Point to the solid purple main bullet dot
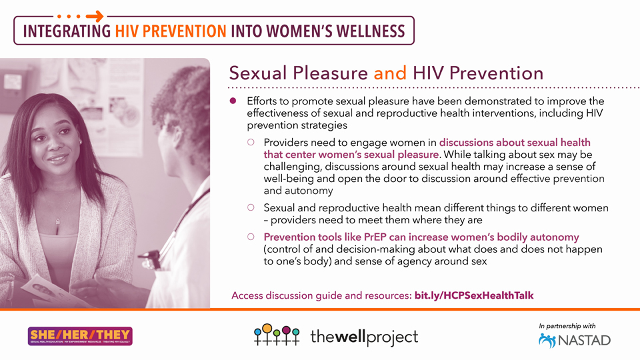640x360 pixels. (233, 101)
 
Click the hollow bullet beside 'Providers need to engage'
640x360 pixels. (251, 142)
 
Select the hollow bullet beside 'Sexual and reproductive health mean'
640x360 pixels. (251, 208)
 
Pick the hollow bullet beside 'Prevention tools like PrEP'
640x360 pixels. (251, 237)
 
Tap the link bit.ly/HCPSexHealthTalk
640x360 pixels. (474, 295)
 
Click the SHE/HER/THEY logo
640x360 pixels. (80, 336)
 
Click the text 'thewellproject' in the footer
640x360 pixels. (364, 337)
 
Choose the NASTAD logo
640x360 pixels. (574, 341)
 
